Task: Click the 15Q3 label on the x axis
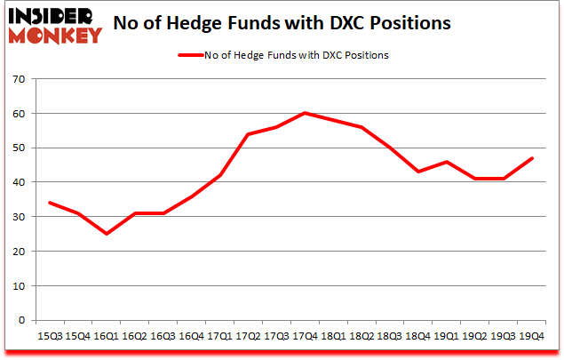(x=49, y=337)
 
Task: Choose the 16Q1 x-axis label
(x=106, y=337)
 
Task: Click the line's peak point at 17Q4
(x=305, y=113)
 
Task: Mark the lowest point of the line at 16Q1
(x=106, y=234)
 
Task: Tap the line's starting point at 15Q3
(x=49, y=203)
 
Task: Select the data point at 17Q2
(x=248, y=134)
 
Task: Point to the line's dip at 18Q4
(x=418, y=172)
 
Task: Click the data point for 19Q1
(x=447, y=162)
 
